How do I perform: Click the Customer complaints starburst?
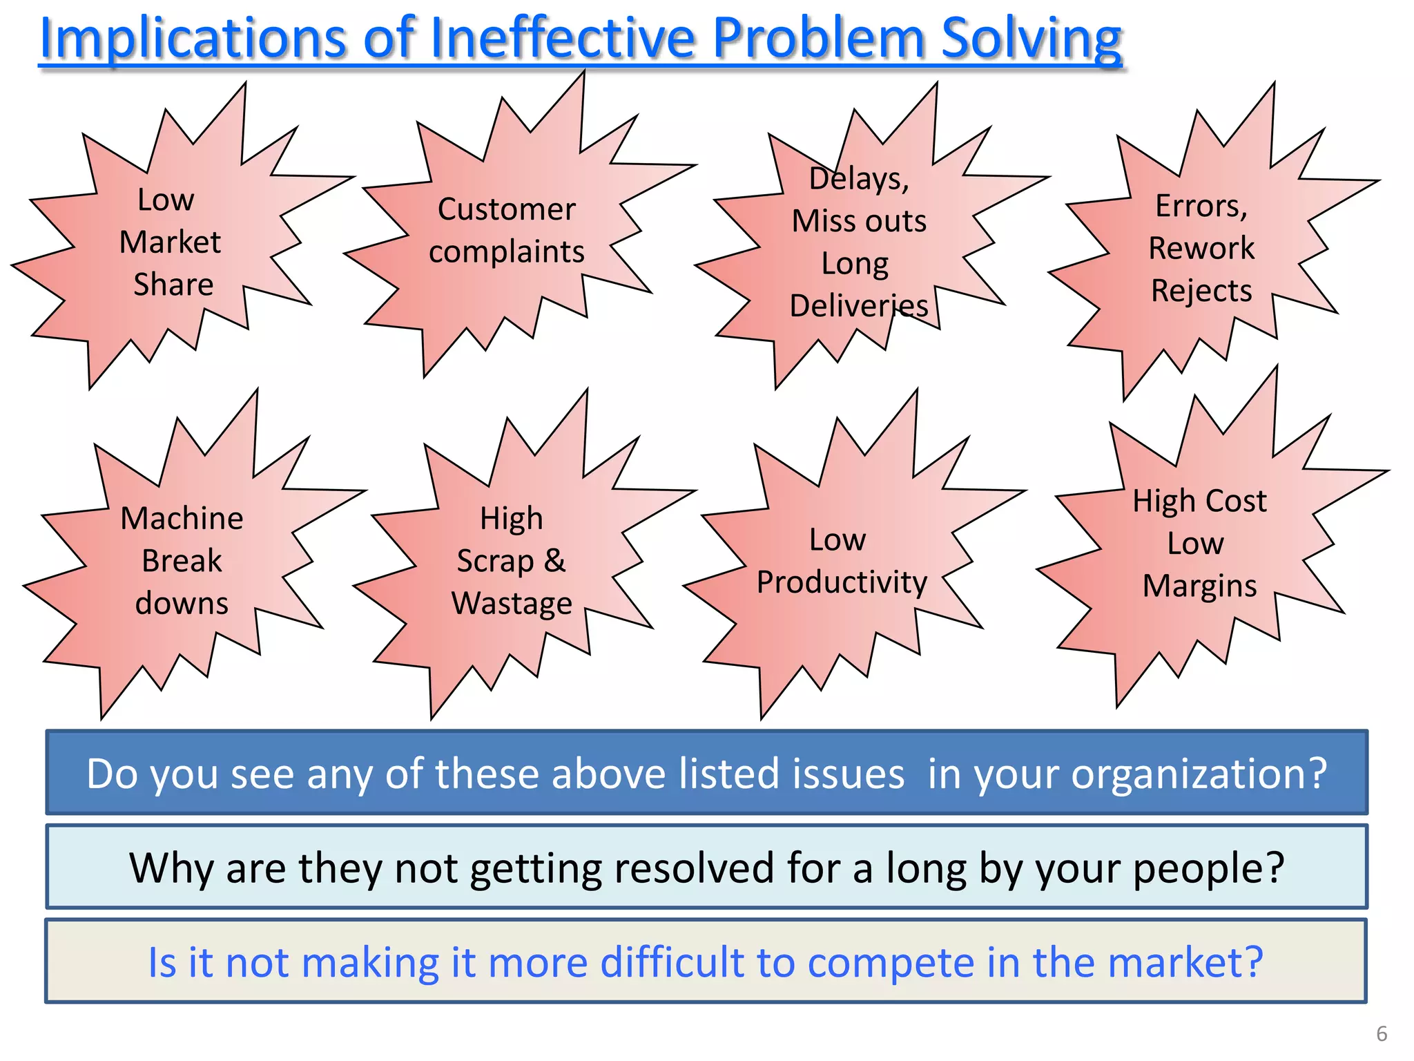[507, 229]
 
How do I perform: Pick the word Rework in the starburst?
[1201, 249]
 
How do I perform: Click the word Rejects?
[1201, 291]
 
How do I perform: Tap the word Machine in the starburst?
[182, 519]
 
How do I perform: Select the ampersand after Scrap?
[554, 560]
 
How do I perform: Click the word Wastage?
[512, 603]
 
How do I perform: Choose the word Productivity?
[842, 582]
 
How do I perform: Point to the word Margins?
[1199, 586]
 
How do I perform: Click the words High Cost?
[1199, 501]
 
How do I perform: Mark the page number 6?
[1382, 1034]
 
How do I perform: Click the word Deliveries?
[859, 306]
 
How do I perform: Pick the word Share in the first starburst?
[173, 285]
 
